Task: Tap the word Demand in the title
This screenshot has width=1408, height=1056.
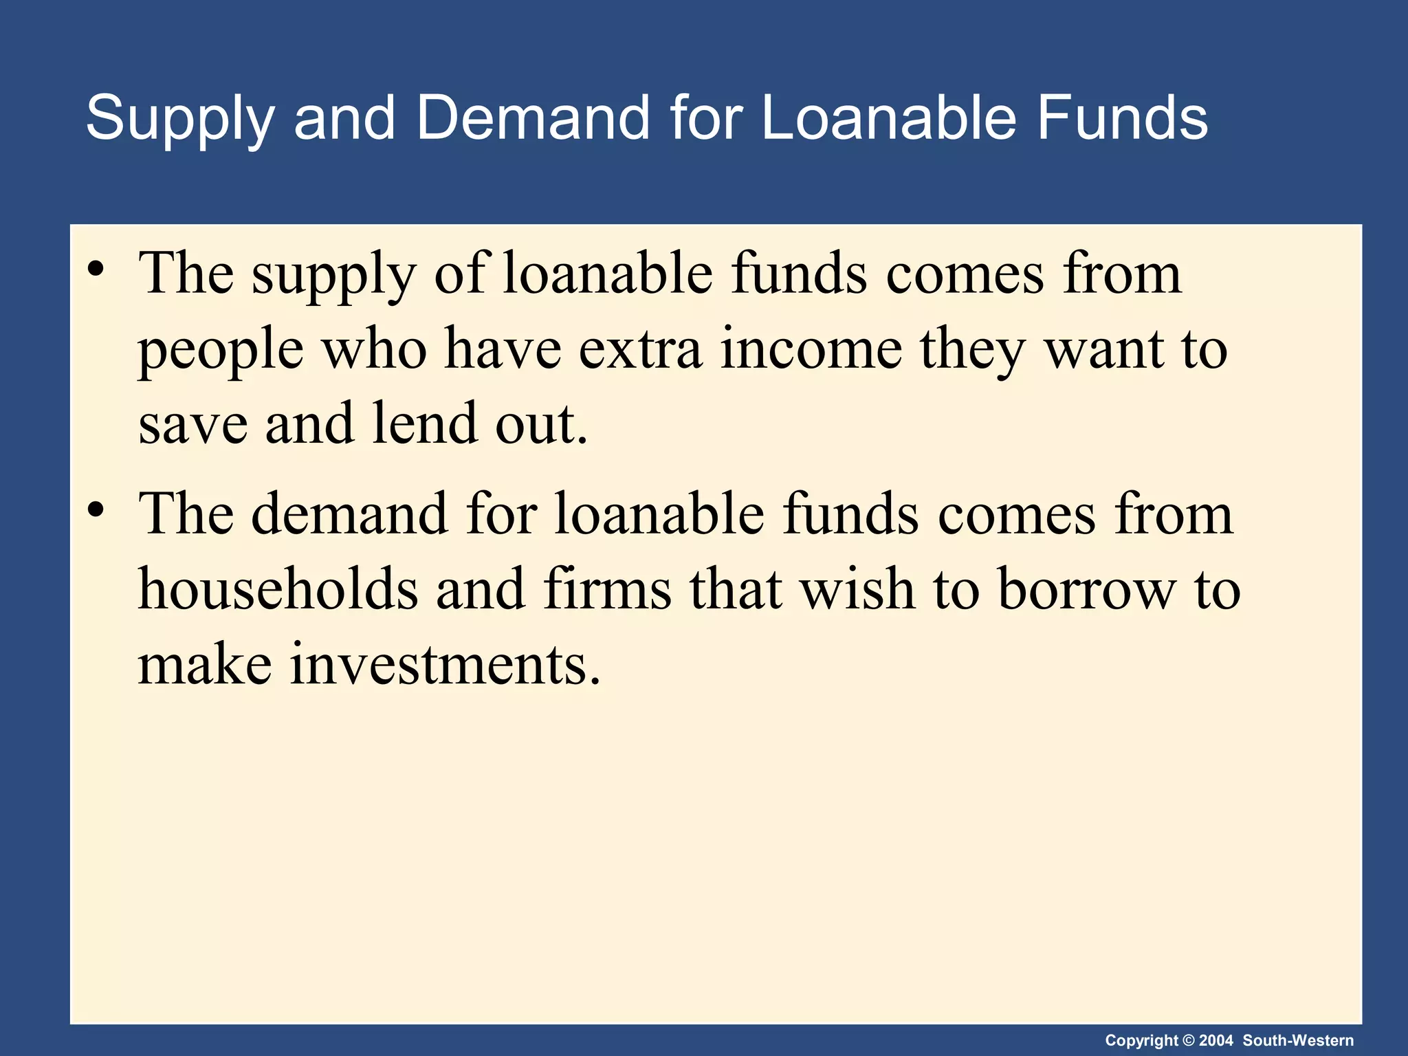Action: click(532, 118)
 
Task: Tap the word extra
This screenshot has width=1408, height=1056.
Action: click(640, 349)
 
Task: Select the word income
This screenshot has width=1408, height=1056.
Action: click(811, 349)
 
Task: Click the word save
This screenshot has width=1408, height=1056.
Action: click(193, 424)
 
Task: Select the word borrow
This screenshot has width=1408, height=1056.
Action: click(1087, 590)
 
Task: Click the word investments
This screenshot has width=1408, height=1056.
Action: click(445, 664)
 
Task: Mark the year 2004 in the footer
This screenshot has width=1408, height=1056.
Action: click(1215, 1041)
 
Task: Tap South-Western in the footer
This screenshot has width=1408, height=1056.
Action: click(1298, 1041)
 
